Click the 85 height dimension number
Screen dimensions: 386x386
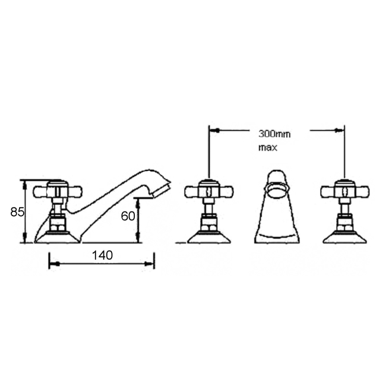[x=17, y=212]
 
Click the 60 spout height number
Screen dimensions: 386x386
[x=128, y=216]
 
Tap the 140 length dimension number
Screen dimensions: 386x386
[x=102, y=255]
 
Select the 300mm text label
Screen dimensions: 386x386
[x=274, y=134]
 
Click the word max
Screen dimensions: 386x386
[x=268, y=148]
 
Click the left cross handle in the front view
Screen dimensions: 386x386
[x=209, y=192]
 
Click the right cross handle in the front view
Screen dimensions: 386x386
[x=344, y=192]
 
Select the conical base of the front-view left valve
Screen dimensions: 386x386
[x=209, y=238]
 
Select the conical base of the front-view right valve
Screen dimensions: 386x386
[x=344, y=238]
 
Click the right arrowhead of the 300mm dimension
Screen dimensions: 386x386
[x=339, y=130]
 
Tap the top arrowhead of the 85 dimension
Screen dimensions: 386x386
[x=24, y=185]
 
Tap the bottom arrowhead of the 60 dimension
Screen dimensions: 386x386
[x=138, y=238]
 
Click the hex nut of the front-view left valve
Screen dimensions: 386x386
[x=209, y=223]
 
